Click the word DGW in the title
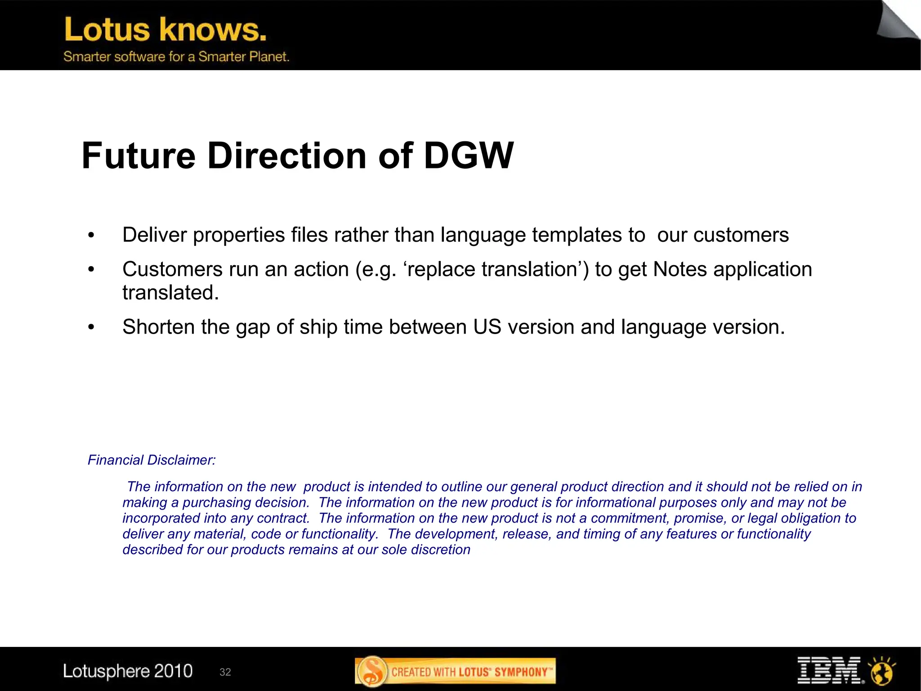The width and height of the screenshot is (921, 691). click(x=468, y=156)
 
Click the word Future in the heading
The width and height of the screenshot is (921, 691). click(x=138, y=156)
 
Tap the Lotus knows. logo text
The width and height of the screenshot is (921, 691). click(x=165, y=30)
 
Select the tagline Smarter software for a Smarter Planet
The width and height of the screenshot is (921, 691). click(x=176, y=57)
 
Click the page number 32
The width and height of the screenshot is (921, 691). click(x=225, y=672)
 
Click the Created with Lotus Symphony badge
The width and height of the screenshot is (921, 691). click(x=455, y=672)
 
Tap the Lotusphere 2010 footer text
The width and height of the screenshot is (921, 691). click(x=128, y=671)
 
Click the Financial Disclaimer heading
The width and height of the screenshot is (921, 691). click(x=152, y=460)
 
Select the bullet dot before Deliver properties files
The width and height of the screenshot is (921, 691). click(x=91, y=235)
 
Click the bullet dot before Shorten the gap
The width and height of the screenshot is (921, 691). click(x=91, y=327)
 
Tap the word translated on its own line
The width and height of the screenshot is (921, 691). click(x=170, y=293)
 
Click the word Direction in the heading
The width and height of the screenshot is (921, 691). click(x=286, y=156)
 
